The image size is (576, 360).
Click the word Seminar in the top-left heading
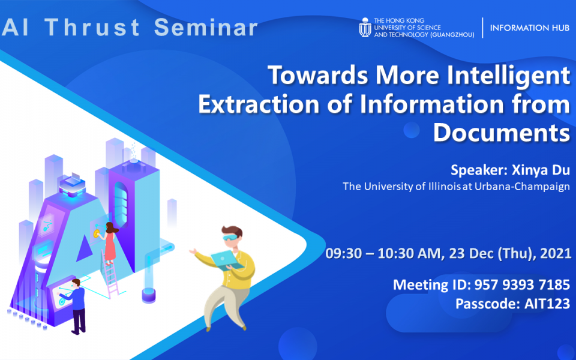click(206, 28)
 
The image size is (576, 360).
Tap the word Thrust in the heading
click(92, 28)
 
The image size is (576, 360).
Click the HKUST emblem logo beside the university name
click(365, 28)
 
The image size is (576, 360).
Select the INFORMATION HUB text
click(529, 28)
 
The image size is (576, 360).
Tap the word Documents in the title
click(502, 133)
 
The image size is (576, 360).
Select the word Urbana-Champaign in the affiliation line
click(522, 187)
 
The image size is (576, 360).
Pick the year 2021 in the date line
click(556, 253)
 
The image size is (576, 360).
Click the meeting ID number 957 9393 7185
click(522, 284)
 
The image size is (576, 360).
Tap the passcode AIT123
click(547, 304)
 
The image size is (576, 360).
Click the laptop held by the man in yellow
click(227, 260)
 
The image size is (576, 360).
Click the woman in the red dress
click(109, 243)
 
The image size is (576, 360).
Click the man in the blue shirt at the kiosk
click(76, 305)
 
